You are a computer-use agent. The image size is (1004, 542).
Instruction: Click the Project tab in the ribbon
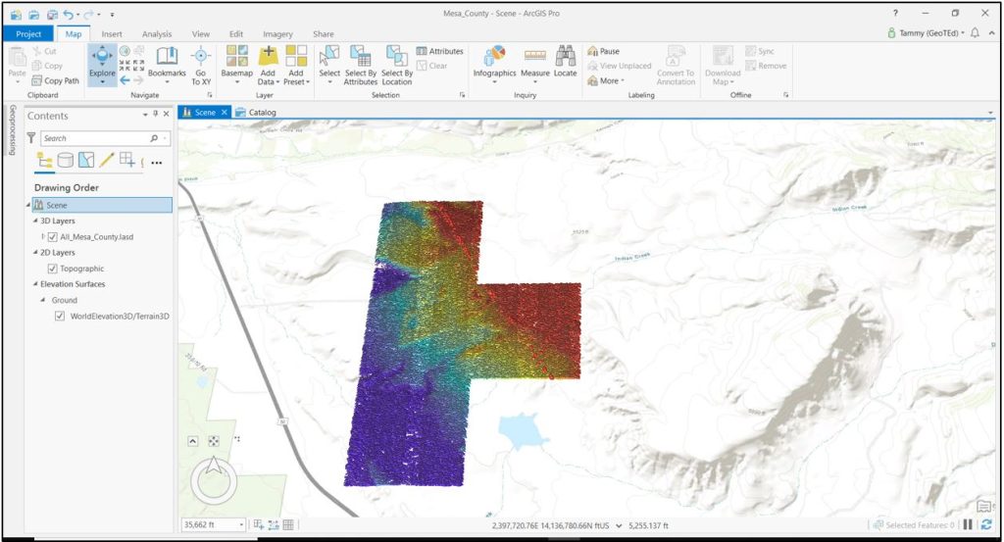(x=28, y=34)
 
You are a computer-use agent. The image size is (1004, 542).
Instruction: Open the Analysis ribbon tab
(x=157, y=34)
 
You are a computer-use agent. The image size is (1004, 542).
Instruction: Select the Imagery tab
(x=278, y=34)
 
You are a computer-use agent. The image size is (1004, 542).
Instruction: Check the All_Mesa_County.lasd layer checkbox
(x=52, y=237)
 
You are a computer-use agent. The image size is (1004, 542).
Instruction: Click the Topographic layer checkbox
(x=52, y=269)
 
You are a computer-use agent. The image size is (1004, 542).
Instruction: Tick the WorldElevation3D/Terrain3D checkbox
(x=61, y=316)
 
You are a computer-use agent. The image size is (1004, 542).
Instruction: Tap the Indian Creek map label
(x=631, y=259)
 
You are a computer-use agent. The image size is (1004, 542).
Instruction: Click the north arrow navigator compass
(x=214, y=480)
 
